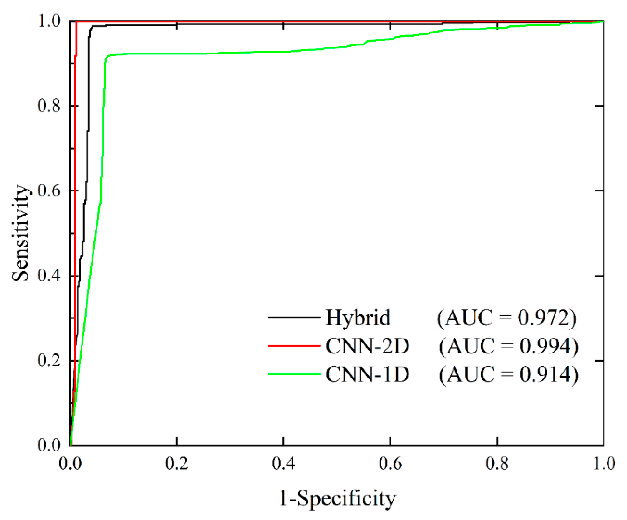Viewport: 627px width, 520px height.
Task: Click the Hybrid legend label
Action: coord(358,318)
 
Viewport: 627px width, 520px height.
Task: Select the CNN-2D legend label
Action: coord(367,346)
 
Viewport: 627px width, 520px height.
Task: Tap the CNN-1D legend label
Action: coord(367,374)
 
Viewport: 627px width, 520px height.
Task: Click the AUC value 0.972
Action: coord(507,318)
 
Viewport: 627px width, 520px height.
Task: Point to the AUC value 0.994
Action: coord(509,346)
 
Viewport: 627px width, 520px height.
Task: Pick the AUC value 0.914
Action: coord(509,374)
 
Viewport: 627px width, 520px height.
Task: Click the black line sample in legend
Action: coord(294,318)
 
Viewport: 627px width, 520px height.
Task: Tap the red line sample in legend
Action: coord(294,346)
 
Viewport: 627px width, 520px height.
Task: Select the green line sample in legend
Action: coord(294,374)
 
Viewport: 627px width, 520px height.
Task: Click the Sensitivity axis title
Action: coord(20,233)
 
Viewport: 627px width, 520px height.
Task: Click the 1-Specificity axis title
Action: coord(337,499)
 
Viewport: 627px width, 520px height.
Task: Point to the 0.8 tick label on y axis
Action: coord(49,106)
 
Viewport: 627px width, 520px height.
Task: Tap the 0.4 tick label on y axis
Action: coord(49,276)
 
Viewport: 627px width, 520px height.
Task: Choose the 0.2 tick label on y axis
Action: coord(49,360)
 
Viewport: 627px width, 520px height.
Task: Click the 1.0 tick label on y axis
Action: coord(49,22)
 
